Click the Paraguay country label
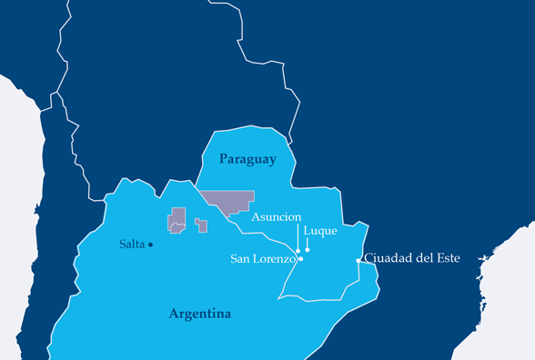pyautogui.click(x=247, y=159)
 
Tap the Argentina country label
pyautogui.click(x=200, y=314)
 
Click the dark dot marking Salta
pyautogui.click(x=151, y=245)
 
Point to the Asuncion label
pyautogui.click(x=277, y=217)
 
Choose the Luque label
pyautogui.click(x=320, y=231)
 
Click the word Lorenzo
pyautogui.click(x=275, y=259)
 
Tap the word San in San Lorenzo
pyautogui.click(x=241, y=259)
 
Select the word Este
pyautogui.click(x=446, y=258)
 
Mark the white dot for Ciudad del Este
pyautogui.click(x=358, y=261)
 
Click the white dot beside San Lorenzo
pyautogui.click(x=301, y=259)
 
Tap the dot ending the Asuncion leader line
pyautogui.click(x=298, y=250)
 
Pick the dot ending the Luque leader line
pyautogui.click(x=308, y=250)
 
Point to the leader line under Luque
pyautogui.click(x=308, y=244)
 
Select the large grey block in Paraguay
pyautogui.click(x=227, y=201)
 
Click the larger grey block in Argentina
pyautogui.click(x=177, y=219)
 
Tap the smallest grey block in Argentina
pyautogui.click(x=201, y=225)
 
